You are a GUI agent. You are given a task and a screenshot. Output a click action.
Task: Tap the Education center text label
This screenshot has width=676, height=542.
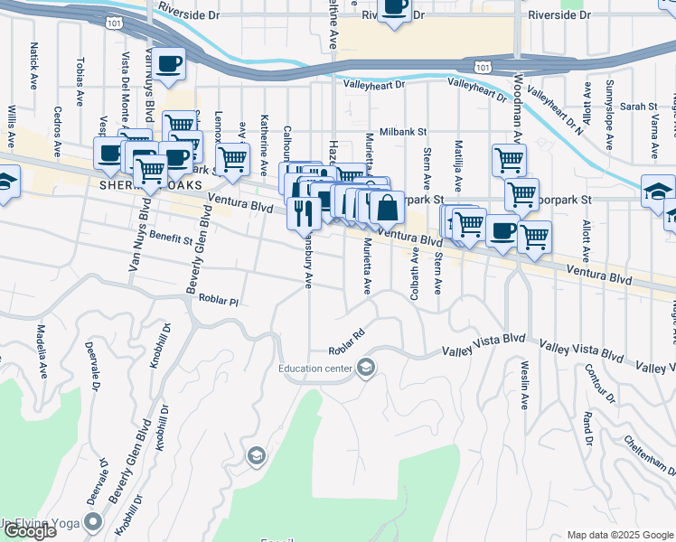tap(317, 368)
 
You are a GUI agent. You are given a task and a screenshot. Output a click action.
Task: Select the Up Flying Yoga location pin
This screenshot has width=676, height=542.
tap(93, 521)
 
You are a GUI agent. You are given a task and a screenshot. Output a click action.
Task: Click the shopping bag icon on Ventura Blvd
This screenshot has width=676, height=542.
tap(387, 208)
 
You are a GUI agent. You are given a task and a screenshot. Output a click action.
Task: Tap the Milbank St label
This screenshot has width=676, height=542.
tap(402, 131)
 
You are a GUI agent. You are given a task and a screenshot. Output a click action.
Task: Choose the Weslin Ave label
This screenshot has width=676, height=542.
tap(524, 384)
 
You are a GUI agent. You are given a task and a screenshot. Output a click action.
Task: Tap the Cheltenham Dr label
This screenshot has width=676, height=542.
tap(650, 454)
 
